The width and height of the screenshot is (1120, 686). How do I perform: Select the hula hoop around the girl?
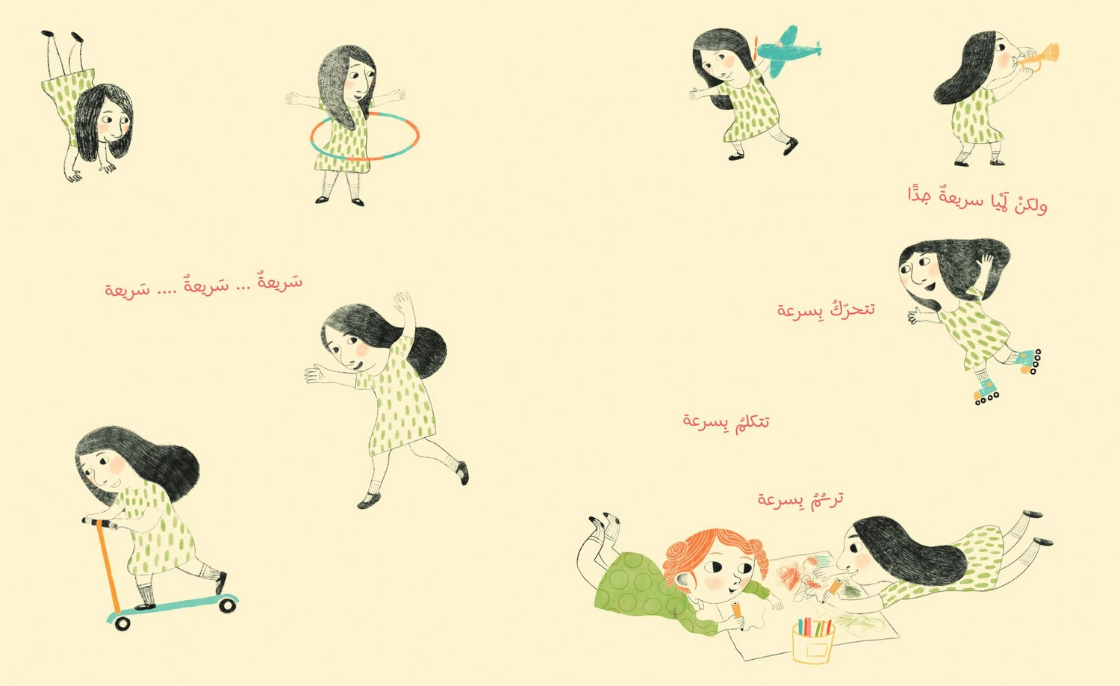(x=364, y=135)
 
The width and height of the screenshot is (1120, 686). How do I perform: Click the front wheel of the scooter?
(x=122, y=623)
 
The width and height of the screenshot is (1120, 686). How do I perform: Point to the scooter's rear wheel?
(x=227, y=605)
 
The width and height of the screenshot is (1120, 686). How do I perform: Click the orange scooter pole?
(x=108, y=566)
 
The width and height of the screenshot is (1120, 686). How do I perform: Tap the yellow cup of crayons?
(x=814, y=643)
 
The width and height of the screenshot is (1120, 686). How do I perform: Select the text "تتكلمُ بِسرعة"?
(x=726, y=421)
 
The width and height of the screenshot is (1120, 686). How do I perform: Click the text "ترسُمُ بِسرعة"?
(x=800, y=498)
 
